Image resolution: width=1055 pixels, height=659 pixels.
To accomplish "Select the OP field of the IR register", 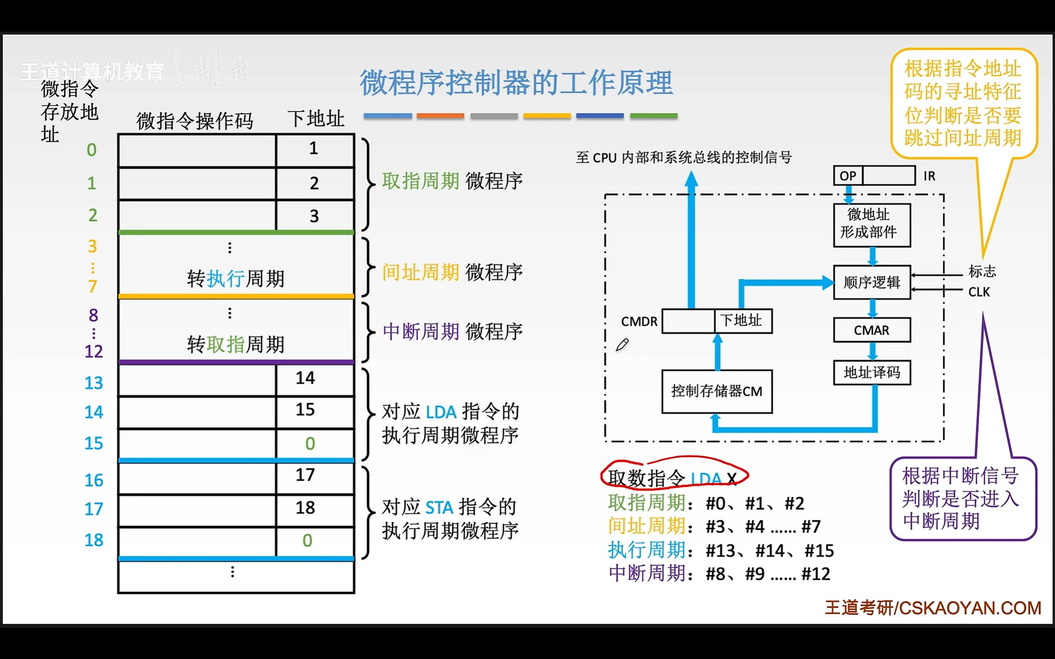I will coord(848,175).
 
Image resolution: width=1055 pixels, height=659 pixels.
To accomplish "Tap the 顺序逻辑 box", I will coord(872,283).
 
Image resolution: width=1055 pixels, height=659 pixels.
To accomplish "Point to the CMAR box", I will coord(872,330).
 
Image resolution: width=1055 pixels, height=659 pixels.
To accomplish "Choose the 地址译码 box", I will coord(872,373).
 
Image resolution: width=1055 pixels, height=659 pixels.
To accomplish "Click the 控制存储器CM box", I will coord(717,391).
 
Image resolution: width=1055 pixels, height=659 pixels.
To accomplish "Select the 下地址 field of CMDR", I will coord(743,321).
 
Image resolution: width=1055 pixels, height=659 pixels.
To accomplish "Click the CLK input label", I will coord(979,292).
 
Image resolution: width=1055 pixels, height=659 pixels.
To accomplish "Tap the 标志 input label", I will coord(982,271).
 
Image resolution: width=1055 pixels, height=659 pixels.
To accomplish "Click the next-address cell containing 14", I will coord(314,379).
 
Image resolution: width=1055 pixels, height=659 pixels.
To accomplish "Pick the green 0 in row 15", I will coord(310,444).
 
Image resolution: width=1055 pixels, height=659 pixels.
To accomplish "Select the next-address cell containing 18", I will coord(314,508).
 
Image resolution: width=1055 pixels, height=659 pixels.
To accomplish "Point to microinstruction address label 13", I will coord(94,383).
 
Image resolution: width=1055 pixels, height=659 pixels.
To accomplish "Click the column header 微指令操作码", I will coord(195,121).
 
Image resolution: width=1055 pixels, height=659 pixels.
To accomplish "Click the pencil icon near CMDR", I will coord(622,345).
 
